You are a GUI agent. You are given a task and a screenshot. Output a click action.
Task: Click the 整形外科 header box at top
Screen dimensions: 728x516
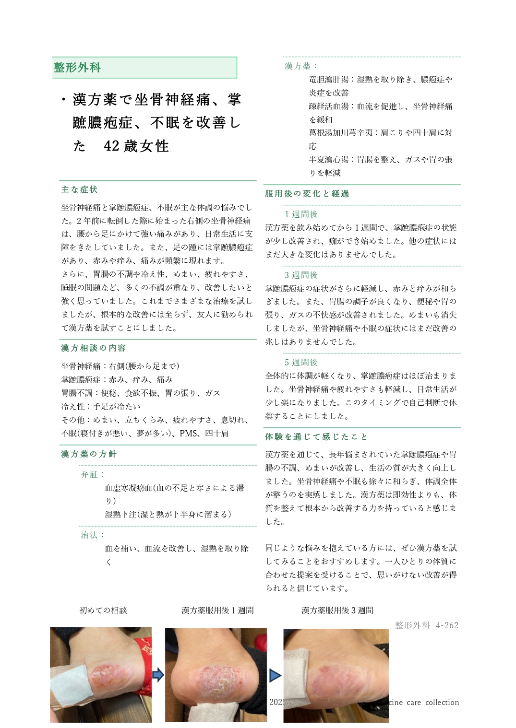(x=144, y=68)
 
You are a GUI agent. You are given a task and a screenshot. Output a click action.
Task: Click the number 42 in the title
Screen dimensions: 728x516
(x=111, y=146)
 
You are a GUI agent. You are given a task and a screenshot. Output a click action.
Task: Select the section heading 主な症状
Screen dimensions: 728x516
(x=79, y=189)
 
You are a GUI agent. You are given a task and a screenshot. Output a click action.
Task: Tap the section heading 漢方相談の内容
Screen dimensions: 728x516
(x=93, y=348)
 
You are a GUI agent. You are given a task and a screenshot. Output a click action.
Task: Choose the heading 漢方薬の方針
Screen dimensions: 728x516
(x=89, y=454)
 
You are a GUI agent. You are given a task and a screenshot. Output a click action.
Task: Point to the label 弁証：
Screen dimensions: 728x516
(x=93, y=474)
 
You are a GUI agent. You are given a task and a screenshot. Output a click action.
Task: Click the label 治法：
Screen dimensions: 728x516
(x=93, y=535)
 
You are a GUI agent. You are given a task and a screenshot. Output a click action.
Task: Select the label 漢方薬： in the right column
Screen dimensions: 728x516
(x=301, y=66)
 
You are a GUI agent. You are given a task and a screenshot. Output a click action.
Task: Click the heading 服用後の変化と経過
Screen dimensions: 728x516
(x=307, y=193)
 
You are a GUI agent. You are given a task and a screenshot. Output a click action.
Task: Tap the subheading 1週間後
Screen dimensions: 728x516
(x=301, y=214)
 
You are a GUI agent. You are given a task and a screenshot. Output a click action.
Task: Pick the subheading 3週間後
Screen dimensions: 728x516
(x=301, y=275)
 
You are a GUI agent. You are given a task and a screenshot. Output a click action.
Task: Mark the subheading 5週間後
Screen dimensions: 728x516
(x=301, y=362)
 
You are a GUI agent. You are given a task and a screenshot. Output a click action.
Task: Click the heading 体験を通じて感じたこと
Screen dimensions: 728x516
(x=316, y=436)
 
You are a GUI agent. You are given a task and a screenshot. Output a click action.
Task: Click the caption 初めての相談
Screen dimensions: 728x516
(x=103, y=610)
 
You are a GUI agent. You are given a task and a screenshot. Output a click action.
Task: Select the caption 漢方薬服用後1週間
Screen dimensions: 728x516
(x=217, y=610)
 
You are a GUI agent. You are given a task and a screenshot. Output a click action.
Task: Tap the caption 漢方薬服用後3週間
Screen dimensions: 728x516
(x=337, y=610)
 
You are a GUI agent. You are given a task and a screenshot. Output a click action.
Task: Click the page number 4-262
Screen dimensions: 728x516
(x=447, y=625)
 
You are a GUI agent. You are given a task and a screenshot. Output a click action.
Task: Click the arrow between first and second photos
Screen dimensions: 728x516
(x=158, y=675)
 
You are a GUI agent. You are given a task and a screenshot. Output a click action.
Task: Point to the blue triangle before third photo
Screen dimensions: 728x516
(x=275, y=675)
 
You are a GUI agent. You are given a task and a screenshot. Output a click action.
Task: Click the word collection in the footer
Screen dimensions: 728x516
(x=442, y=702)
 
